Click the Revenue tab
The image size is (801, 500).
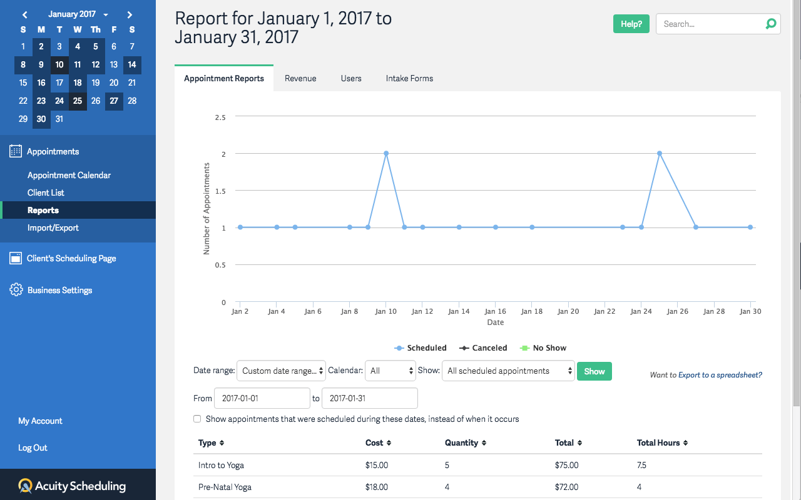click(300, 78)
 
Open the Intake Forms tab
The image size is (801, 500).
click(409, 78)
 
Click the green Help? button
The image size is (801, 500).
click(631, 24)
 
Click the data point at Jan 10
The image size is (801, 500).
click(386, 153)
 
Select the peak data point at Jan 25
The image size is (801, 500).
click(660, 153)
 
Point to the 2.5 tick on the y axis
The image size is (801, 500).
click(220, 117)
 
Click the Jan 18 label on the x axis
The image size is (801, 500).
click(532, 311)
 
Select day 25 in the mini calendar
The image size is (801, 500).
click(78, 101)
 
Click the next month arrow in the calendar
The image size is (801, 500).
click(130, 14)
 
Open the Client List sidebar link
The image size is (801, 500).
click(46, 192)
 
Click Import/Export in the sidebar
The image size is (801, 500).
click(53, 227)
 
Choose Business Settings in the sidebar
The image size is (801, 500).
click(59, 290)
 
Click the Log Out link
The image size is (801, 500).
click(33, 447)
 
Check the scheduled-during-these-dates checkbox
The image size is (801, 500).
click(198, 419)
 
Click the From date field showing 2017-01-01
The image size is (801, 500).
click(262, 398)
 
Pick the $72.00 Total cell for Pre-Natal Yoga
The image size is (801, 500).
click(566, 487)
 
